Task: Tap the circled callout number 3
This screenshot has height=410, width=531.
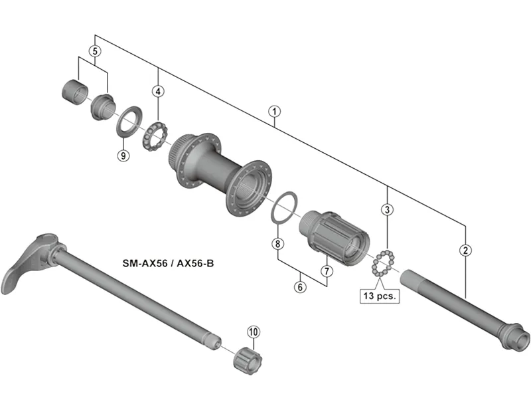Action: [x=387, y=210]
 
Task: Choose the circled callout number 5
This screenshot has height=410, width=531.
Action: [x=96, y=51]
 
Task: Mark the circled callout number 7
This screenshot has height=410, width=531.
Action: [x=327, y=270]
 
